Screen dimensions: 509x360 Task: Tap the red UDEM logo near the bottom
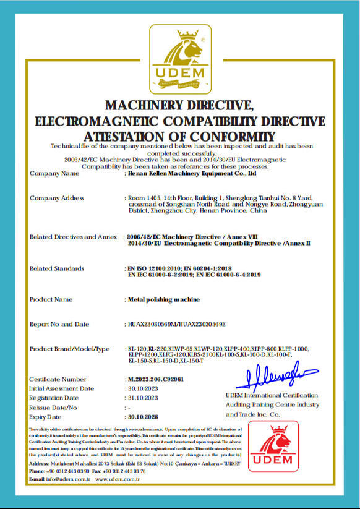coord(273,447)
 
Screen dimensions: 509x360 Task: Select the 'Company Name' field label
coord(54,174)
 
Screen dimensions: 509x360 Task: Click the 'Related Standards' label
coord(57,268)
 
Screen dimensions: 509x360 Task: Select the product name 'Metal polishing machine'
coord(163,300)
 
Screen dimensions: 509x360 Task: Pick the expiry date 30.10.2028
coord(144,417)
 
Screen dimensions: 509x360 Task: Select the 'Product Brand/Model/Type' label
coord(69,349)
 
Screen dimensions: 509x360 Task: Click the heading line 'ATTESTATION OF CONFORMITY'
coord(179,135)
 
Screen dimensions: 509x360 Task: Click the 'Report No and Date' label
coord(59,324)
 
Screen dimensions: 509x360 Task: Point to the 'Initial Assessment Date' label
coord(62,388)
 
